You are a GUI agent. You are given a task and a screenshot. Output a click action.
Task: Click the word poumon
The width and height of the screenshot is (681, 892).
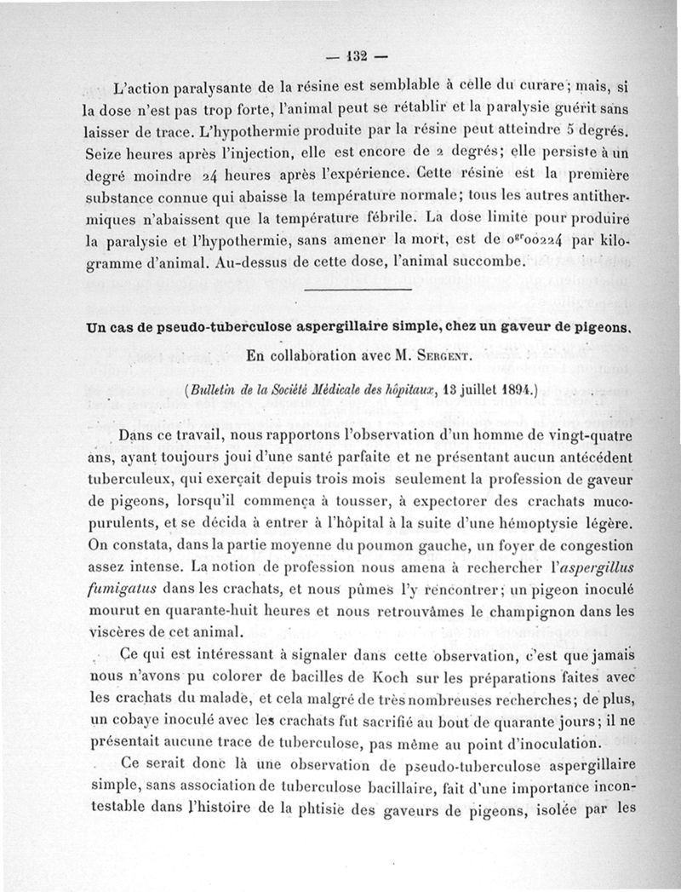[401, 544]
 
